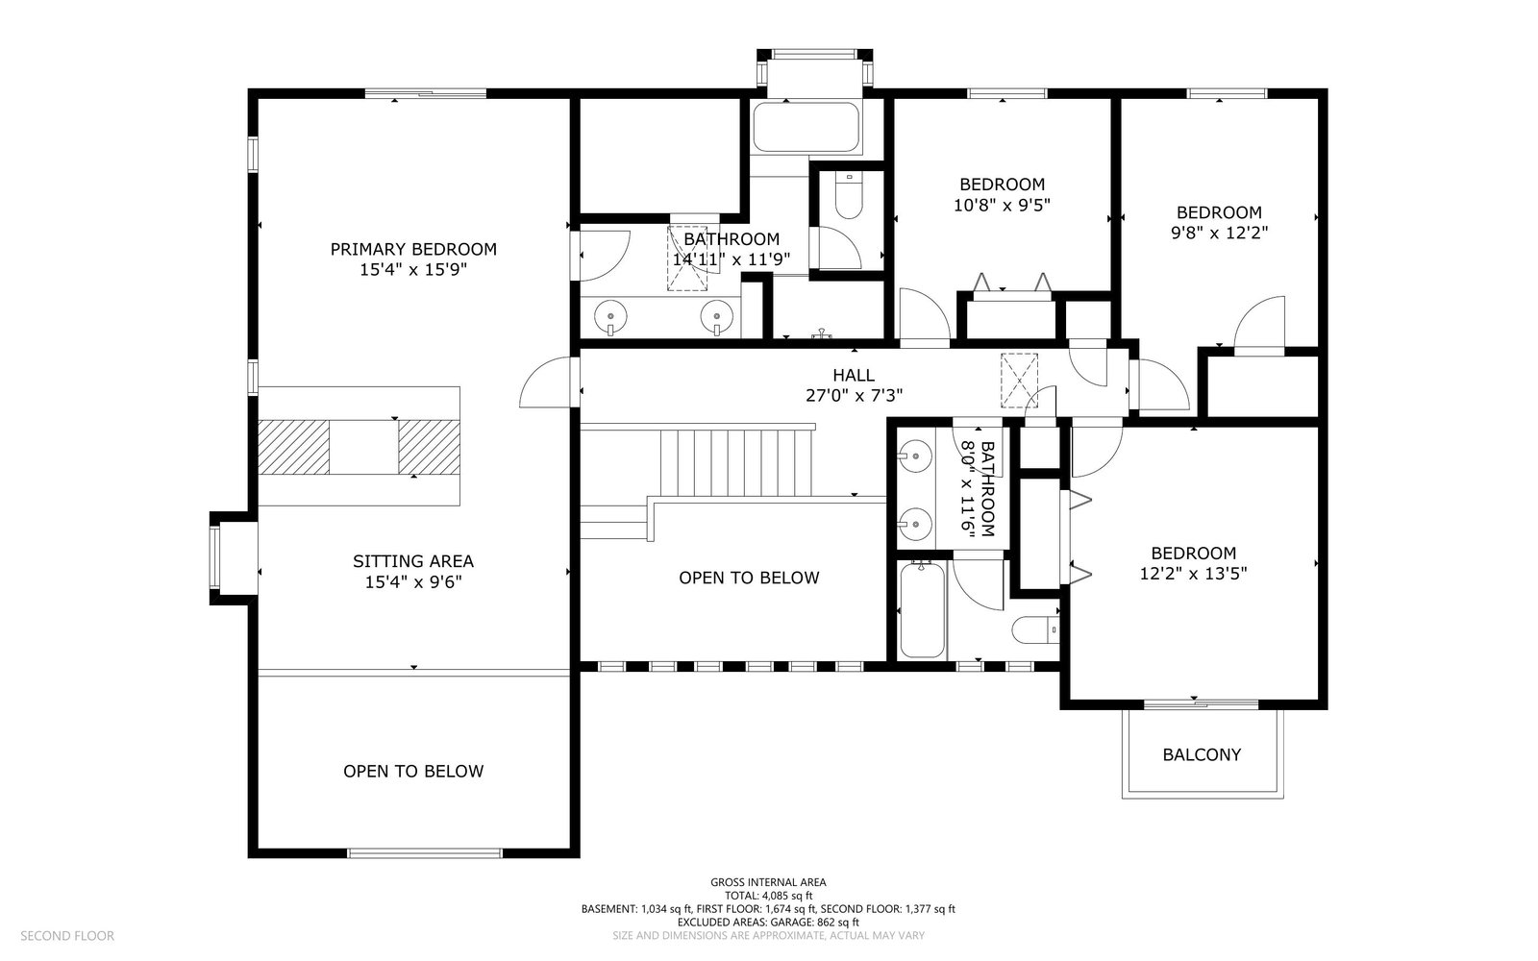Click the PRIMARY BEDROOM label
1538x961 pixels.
point(413,249)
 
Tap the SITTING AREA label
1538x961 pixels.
point(413,561)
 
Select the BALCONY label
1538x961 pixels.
point(1202,755)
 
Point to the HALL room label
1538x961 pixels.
point(854,375)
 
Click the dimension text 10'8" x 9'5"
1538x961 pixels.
point(1002,206)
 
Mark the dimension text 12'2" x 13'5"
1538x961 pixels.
point(1193,574)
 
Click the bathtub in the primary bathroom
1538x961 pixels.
point(806,127)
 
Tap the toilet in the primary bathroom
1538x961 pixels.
point(849,195)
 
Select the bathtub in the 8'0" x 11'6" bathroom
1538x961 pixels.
point(922,609)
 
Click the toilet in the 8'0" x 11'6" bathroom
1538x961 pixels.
point(1035,630)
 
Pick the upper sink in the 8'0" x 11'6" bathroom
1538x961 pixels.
point(915,456)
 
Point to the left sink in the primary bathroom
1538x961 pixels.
point(610,316)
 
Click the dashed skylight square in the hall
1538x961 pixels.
point(1019,380)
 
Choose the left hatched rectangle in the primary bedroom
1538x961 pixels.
point(294,447)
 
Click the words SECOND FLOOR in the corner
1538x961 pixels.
point(67,936)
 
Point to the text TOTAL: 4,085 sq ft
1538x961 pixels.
point(768,896)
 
